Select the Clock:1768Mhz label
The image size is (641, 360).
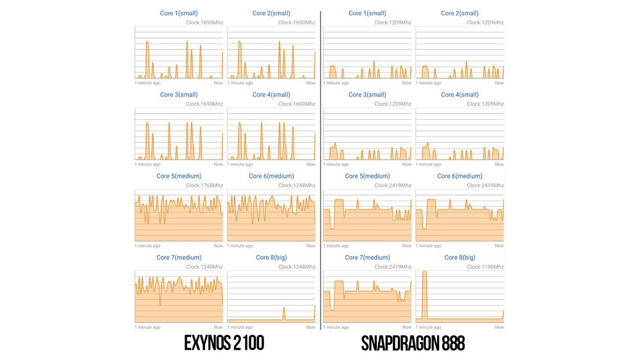tap(204, 185)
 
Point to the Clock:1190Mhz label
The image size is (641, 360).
tap(485, 266)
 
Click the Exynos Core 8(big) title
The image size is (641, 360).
tap(271, 258)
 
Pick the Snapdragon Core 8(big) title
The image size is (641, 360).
tap(460, 258)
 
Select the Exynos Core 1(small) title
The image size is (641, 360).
tap(179, 13)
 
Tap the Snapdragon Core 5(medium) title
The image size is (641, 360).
tap(367, 176)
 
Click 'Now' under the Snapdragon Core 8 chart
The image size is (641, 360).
tap(499, 327)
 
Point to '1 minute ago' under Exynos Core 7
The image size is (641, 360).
tap(147, 327)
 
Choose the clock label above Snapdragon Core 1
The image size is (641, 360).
tap(392, 22)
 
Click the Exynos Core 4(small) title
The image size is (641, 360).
tap(271, 95)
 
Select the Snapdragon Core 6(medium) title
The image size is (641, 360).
tap(460, 176)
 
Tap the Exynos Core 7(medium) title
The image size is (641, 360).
tap(179, 258)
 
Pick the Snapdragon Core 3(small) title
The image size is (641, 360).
tap(367, 95)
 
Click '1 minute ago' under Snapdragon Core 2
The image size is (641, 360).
tap(429, 83)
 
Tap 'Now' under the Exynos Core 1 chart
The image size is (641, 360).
tap(218, 83)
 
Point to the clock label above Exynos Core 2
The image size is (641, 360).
tap(296, 22)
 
